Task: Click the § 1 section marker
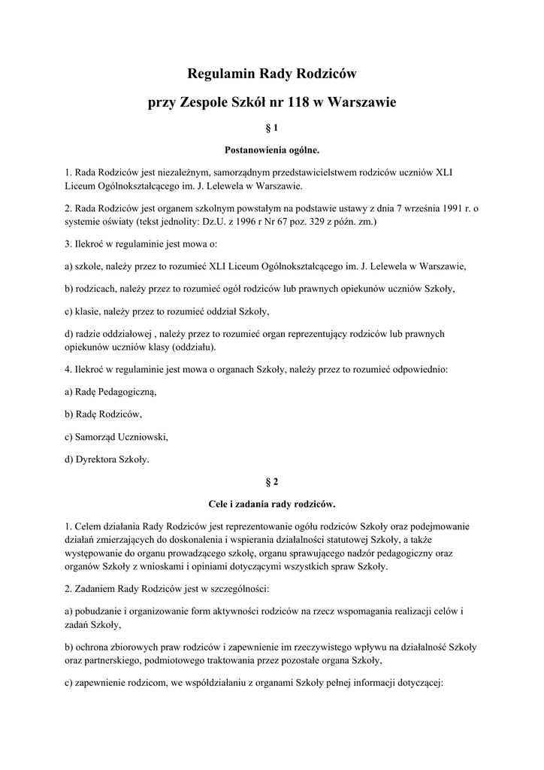point(272,129)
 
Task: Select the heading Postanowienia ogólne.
point(272,150)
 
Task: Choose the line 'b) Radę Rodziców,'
point(103,414)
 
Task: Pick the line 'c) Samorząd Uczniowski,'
point(116,437)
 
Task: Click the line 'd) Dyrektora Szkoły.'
point(107,459)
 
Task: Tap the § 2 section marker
point(272,481)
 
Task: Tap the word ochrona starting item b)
point(94,647)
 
